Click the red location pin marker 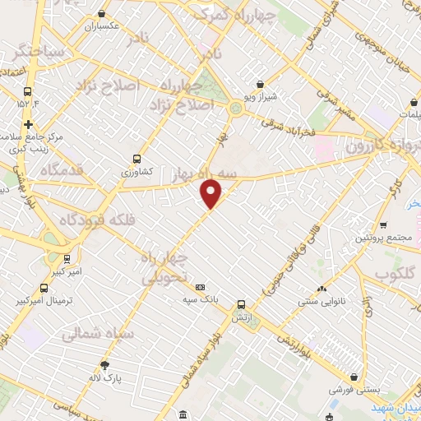click(212, 194)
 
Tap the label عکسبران click(102, 25)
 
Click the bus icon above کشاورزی click(136, 159)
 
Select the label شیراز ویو click(261, 95)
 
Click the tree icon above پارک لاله click(104, 364)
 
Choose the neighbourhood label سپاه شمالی click(81, 334)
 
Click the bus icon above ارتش click(240, 303)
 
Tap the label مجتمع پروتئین click(383, 238)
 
